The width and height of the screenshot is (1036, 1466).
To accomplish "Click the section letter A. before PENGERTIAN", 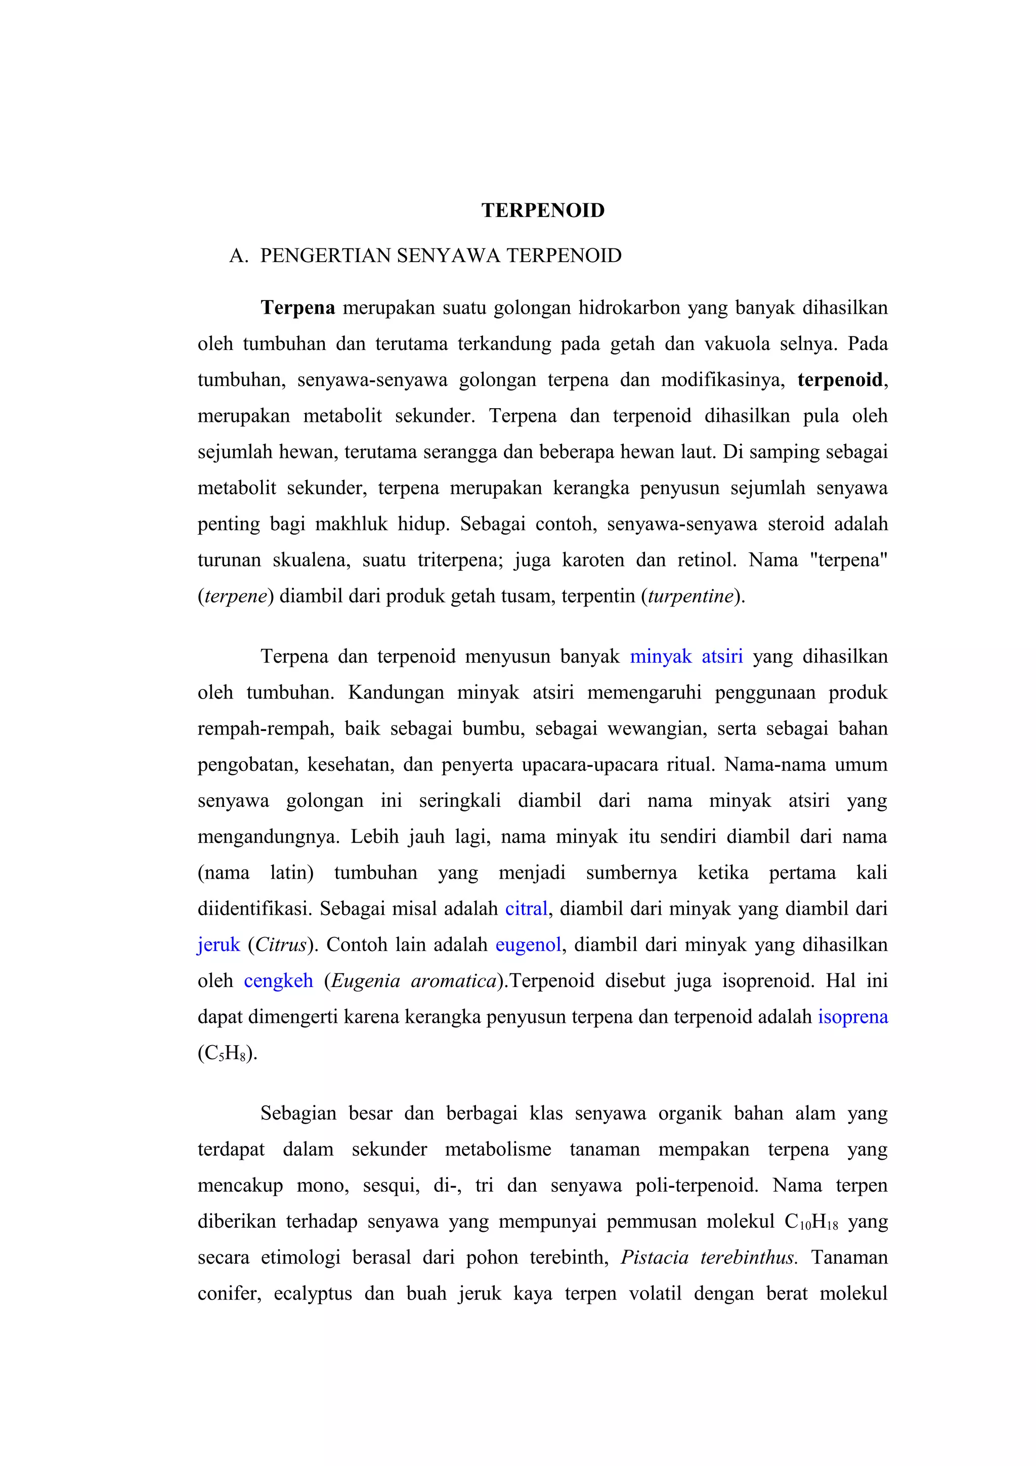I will [238, 256].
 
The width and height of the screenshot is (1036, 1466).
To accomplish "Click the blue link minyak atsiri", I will [686, 657].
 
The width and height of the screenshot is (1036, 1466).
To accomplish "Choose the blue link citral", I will [526, 909].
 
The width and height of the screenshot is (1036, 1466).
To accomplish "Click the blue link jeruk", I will [219, 944].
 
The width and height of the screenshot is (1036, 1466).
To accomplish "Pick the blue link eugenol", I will [528, 944].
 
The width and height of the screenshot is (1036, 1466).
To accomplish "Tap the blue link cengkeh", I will [278, 981].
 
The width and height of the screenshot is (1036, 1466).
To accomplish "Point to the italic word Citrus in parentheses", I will [281, 944].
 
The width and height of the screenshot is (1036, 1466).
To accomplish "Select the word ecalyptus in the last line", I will [313, 1294].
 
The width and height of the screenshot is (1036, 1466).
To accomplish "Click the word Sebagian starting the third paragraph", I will [298, 1113].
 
